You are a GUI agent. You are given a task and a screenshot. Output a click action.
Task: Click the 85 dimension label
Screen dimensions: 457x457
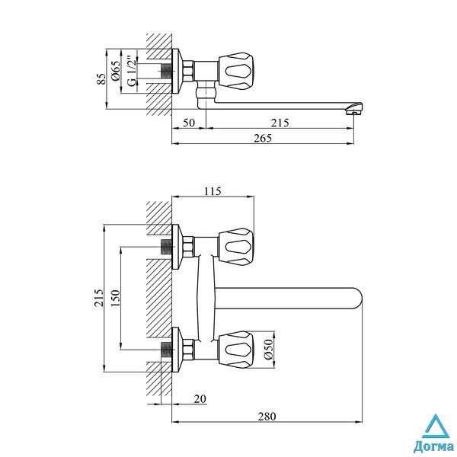click(x=101, y=78)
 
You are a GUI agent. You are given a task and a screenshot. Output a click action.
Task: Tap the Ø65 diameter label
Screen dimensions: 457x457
click(x=116, y=71)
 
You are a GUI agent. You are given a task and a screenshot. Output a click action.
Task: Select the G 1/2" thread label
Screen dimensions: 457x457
click(x=132, y=72)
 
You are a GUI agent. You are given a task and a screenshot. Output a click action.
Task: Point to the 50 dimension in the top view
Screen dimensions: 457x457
click(x=189, y=123)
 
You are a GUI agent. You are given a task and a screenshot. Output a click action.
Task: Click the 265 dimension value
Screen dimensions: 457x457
click(x=263, y=138)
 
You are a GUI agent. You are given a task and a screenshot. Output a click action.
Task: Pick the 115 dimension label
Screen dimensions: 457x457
click(x=213, y=191)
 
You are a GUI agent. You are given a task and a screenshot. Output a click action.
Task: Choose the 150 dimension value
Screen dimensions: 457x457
click(x=116, y=298)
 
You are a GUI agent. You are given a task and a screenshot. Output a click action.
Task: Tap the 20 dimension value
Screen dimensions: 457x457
click(x=200, y=398)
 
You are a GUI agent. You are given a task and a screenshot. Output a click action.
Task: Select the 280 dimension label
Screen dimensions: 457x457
click(x=267, y=417)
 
